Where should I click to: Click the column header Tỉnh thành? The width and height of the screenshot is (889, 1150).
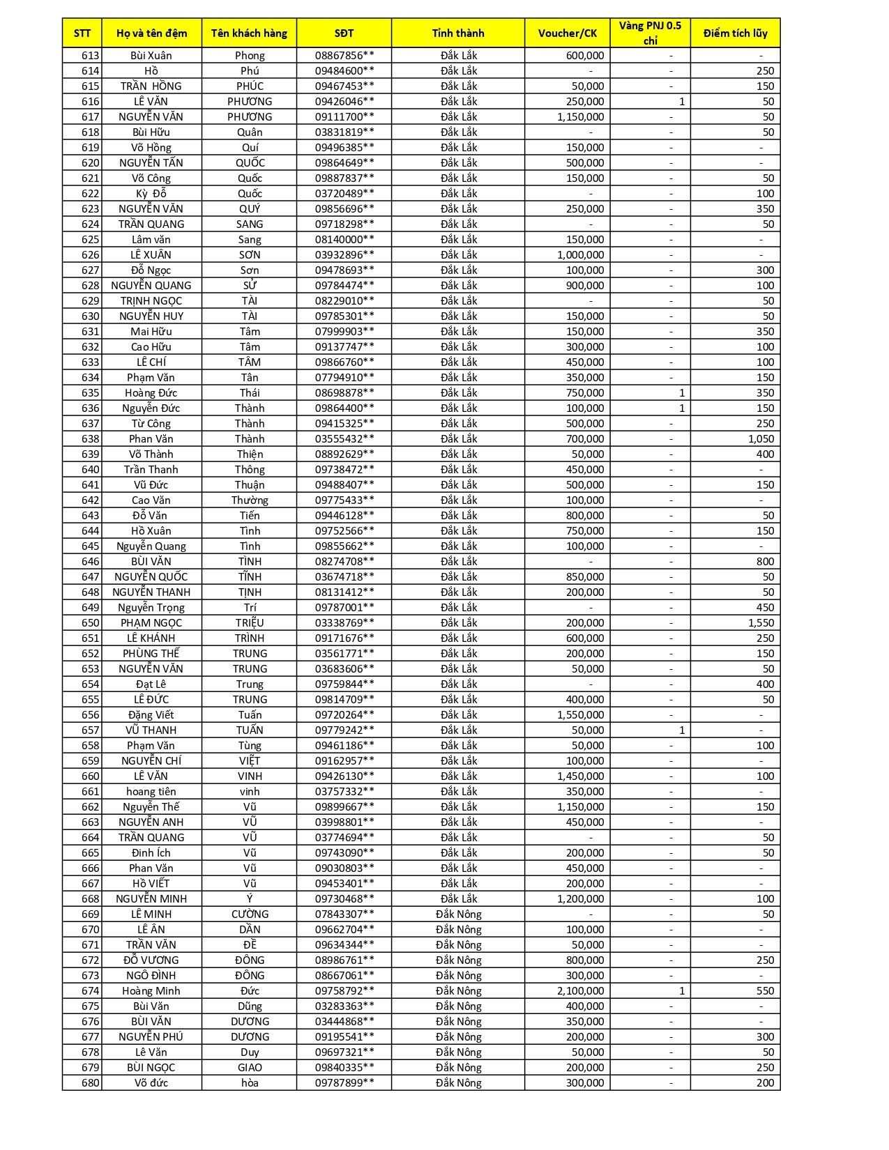point(458,33)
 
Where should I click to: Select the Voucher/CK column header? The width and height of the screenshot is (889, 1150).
point(568,33)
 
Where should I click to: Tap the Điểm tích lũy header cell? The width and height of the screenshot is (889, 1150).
point(735,33)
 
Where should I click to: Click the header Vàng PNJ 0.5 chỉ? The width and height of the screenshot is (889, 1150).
point(650,33)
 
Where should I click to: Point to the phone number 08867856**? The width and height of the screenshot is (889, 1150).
point(344,56)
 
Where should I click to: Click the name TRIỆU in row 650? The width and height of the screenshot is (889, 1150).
point(250,623)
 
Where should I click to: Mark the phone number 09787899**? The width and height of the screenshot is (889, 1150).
point(344,1083)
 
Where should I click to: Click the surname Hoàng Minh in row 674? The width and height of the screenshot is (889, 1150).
point(151,991)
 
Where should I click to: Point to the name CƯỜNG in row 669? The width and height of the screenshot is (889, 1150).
point(250,914)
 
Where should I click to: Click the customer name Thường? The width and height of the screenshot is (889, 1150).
point(250,500)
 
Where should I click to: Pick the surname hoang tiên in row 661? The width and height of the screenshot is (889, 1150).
point(151,792)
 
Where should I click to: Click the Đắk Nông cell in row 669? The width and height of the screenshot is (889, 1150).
point(458,914)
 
